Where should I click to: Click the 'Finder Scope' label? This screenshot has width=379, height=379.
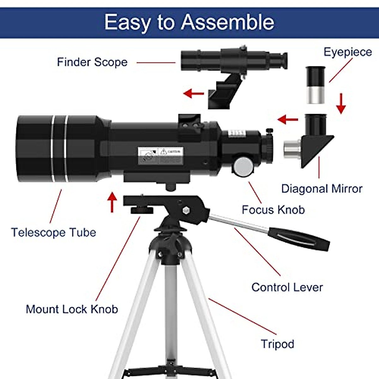pos(92,62)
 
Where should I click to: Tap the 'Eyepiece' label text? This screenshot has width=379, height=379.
pos(347,52)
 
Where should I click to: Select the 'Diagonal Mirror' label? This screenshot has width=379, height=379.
pos(322,189)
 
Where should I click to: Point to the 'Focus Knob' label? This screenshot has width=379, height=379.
pos(273,210)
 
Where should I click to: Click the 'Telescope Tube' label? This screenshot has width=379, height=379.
pos(53,232)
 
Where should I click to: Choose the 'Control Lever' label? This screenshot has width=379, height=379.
pos(287,287)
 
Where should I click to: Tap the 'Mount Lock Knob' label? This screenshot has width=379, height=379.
pos(72,309)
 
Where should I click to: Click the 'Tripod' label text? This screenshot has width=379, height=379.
pos(277,344)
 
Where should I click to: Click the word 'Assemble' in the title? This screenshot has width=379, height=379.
pos(227,22)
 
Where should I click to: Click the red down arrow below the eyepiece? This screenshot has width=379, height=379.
pos(341,104)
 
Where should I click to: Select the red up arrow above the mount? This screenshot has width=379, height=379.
pos(112,202)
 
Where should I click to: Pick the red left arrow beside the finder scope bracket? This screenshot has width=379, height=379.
pos(194,93)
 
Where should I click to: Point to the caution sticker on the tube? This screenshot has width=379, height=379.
pos(160,155)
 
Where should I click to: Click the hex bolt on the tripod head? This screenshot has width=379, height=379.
pos(186,210)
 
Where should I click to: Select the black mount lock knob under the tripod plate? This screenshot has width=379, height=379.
pos(142,210)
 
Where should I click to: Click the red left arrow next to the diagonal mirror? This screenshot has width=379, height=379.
pos(288,119)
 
